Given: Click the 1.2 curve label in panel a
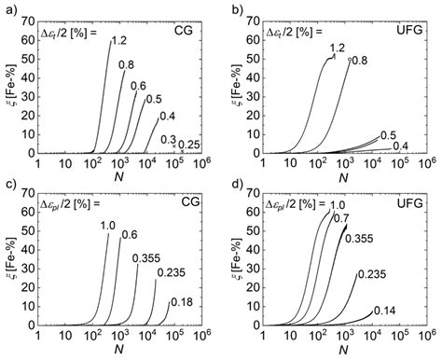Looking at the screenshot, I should click(x=118, y=40).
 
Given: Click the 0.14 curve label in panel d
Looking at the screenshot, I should click(x=384, y=310).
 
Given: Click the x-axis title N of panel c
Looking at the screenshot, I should click(x=119, y=353).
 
